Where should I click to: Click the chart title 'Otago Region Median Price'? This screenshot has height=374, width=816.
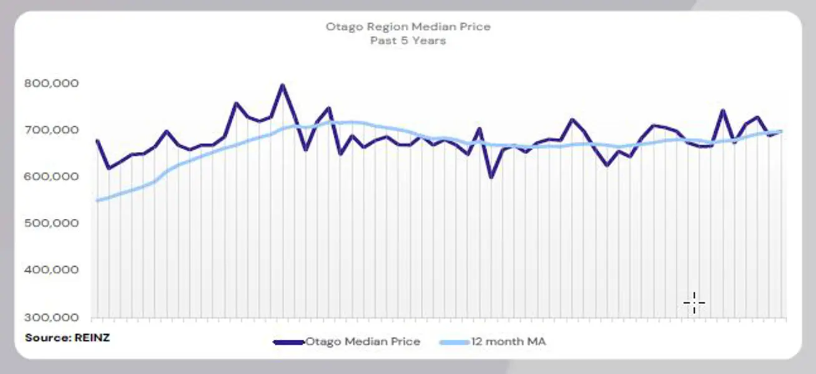coord(408,27)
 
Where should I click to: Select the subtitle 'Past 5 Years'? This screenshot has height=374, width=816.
coord(408,41)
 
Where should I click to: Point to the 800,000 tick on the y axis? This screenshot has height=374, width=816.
coord(51,84)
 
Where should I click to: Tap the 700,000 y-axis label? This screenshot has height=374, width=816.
coord(51,130)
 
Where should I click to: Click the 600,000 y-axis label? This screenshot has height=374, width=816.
coord(51,177)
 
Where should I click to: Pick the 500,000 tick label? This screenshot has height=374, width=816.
coord(51,224)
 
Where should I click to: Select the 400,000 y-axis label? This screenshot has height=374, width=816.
coord(51,271)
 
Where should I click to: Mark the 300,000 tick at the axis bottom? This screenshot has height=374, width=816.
coord(51,317)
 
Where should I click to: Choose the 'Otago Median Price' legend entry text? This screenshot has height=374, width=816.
coord(362,342)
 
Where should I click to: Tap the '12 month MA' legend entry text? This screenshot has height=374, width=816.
coord(511,342)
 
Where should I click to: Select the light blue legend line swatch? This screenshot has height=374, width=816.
coord(456,342)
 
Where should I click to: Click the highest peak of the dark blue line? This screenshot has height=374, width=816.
coord(282,85)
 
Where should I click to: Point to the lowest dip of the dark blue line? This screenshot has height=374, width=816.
coord(491,177)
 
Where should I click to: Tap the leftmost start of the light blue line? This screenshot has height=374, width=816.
coord(97,200)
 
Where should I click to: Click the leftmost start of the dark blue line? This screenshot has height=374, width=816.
coord(97,141)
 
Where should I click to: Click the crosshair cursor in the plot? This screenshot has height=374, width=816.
coord(694,304)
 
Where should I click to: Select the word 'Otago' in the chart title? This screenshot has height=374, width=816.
coord(341,27)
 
